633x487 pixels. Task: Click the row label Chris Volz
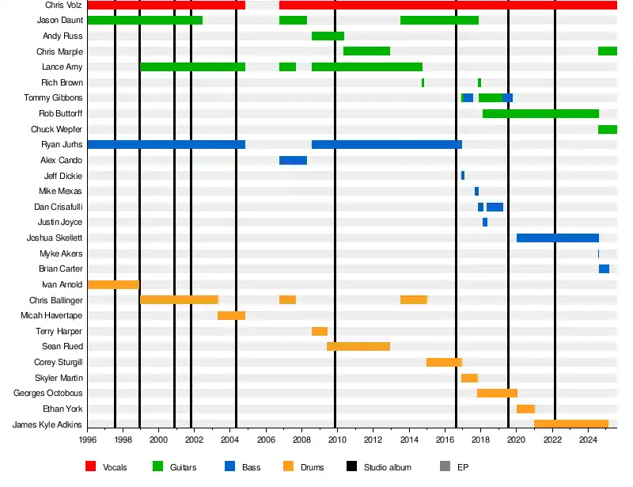(x=63, y=5)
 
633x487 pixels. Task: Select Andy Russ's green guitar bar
(x=328, y=36)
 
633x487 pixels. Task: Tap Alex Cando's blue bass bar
(x=293, y=160)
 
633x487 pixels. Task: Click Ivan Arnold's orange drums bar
(x=113, y=284)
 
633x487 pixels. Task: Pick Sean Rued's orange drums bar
(x=358, y=346)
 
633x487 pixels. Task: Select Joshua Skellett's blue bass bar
(x=557, y=238)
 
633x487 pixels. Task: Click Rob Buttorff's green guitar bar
(x=540, y=113)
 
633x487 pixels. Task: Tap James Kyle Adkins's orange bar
(x=570, y=424)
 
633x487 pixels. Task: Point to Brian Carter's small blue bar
(x=604, y=268)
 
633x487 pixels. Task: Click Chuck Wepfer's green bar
(x=608, y=129)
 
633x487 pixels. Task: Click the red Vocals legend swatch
(x=90, y=467)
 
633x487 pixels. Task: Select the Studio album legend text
(x=387, y=467)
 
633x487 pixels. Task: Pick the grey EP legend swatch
(x=445, y=467)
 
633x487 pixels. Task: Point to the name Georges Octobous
(x=47, y=393)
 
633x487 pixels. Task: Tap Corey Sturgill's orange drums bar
(x=444, y=362)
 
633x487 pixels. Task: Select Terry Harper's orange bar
(x=320, y=331)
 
